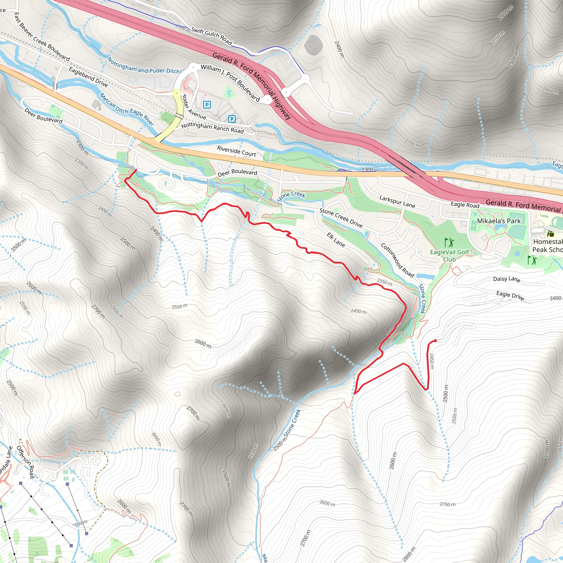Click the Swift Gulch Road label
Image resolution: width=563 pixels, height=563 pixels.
coord(211,36)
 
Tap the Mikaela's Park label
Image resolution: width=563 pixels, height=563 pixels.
coord(499,221)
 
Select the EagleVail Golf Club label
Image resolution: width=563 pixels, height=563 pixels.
coord(449,256)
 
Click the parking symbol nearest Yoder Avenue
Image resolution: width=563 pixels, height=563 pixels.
coord(207,105)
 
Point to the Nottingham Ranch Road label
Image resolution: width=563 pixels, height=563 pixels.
coord(212,128)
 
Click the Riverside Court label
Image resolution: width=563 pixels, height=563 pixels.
coord(236,151)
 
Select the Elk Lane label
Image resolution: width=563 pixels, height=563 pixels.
coord(336,240)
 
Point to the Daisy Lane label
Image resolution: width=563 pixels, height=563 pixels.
coord(506,279)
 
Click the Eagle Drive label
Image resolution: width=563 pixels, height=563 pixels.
coord(510,296)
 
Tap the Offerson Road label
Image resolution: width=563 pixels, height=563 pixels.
coord(26,462)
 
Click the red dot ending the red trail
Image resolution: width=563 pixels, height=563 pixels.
coord(435,341)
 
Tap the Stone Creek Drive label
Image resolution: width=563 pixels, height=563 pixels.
coord(341,218)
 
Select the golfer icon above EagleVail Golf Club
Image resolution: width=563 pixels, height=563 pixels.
coord(449,242)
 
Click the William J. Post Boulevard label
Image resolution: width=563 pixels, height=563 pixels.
coord(230,83)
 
